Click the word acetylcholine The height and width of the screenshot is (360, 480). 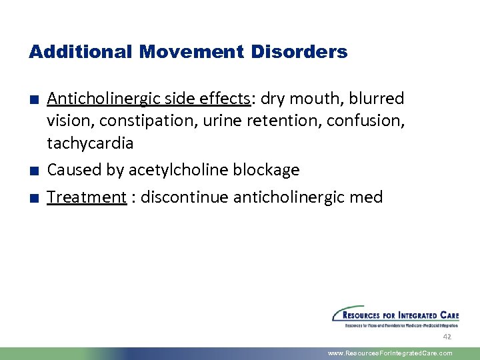pyautogui.click(x=176, y=171)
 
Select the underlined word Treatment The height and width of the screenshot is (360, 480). pyautogui.click(x=87, y=197)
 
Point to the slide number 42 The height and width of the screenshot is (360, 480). pyautogui.click(x=447, y=337)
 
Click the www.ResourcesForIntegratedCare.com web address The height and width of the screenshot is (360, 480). pyautogui.click(x=390, y=353)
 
